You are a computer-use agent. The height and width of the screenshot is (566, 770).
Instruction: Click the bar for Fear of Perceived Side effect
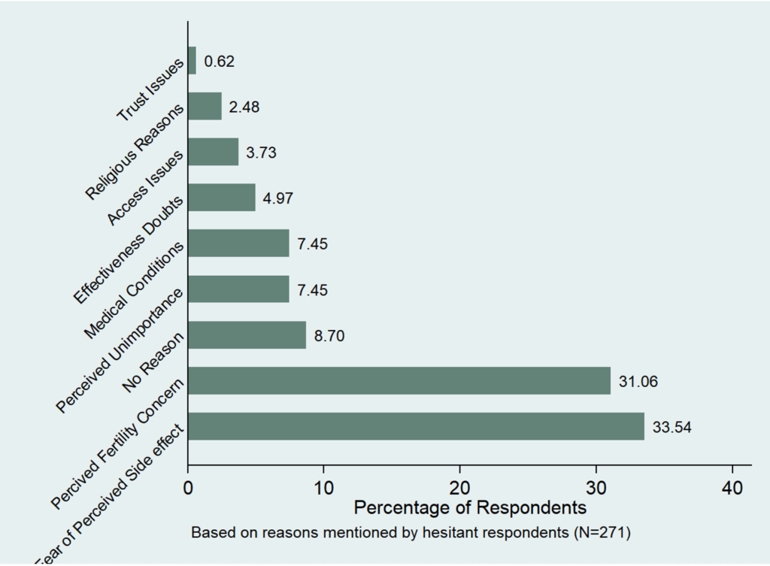416,426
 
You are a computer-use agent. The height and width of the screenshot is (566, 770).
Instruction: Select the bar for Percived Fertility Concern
399,380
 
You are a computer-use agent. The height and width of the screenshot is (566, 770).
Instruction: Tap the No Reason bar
247,334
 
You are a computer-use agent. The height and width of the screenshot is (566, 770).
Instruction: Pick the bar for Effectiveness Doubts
221,198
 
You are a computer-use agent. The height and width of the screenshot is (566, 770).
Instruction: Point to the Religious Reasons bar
205,106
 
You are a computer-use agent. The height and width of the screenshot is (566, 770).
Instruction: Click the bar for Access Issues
213,152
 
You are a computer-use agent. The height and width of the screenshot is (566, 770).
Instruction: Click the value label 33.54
671,427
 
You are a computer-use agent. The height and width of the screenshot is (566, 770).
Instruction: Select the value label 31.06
638,381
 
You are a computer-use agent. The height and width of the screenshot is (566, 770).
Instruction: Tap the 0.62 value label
220,61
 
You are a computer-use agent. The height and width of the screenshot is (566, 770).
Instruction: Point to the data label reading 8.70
329,335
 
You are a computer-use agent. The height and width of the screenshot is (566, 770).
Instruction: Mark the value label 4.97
278,198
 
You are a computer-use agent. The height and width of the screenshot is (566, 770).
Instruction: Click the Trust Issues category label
150,91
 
